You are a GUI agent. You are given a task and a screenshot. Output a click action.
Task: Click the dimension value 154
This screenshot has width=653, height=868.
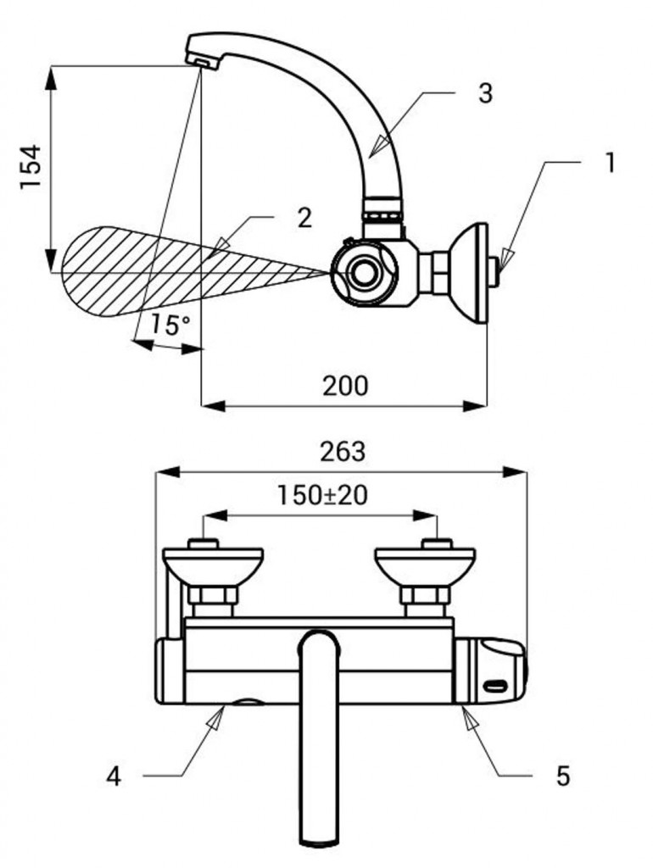click(31, 168)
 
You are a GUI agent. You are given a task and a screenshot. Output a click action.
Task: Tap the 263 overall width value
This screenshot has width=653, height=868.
click(342, 451)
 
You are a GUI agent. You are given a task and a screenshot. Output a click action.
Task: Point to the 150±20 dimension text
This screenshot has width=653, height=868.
click(322, 494)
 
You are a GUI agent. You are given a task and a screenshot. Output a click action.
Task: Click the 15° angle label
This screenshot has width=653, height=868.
click(170, 325)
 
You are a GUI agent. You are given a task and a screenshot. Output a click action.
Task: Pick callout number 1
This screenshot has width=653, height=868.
click(608, 162)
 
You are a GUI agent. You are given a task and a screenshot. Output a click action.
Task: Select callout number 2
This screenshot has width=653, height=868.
click(304, 218)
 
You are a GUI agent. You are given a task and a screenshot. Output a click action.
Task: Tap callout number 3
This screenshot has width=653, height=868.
click(484, 93)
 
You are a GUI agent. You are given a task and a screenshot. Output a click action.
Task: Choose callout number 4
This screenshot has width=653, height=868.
click(114, 775)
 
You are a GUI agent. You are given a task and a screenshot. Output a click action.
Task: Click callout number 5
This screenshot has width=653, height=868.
click(563, 775)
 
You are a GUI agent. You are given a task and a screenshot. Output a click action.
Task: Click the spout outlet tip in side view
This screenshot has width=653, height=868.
click(202, 60)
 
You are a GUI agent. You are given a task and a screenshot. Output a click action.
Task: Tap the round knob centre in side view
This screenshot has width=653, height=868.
click(366, 273)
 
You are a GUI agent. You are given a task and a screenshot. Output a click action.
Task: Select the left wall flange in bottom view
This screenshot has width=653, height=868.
click(212, 564)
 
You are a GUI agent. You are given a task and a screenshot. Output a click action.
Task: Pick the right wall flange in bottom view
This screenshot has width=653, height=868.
click(425, 564)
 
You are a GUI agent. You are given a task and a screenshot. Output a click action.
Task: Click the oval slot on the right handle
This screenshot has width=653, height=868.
click(494, 683)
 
